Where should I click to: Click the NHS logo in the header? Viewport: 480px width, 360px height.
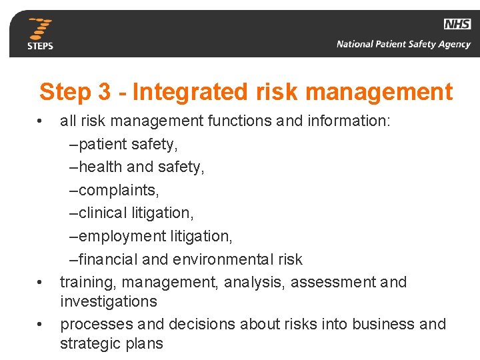457,24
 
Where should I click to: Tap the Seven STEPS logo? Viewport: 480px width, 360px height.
40,33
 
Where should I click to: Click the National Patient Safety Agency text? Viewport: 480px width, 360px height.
403,45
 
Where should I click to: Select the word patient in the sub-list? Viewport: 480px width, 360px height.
101,144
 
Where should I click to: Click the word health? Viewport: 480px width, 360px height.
101,167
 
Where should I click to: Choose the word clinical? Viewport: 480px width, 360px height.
101,213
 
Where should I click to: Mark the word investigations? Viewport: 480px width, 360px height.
109,301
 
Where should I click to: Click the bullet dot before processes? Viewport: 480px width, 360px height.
40,325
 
